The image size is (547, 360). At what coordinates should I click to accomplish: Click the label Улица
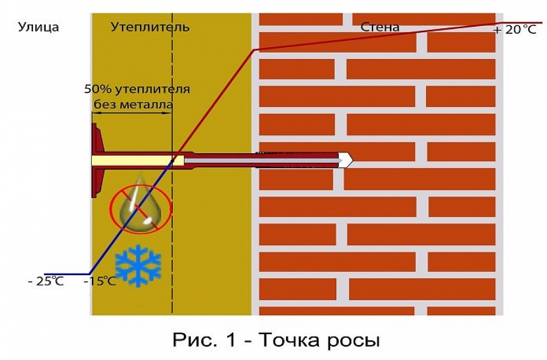click(38, 27)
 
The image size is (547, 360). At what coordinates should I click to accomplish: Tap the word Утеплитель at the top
click(150, 27)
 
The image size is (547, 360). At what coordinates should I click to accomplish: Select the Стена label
click(380, 27)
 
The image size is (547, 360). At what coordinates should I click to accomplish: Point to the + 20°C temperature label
click(515, 30)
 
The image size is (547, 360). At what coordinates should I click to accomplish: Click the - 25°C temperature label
click(46, 281)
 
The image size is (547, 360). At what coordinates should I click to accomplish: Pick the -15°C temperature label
click(100, 281)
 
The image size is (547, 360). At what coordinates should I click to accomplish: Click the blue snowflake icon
click(138, 266)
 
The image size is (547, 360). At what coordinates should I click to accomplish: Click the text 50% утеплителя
click(137, 90)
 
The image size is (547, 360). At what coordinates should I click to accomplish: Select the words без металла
click(133, 105)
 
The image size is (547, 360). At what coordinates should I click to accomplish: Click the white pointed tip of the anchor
click(347, 160)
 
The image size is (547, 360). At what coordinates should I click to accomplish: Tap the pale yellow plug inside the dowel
click(138, 161)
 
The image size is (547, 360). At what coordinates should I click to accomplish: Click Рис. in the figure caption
click(192, 339)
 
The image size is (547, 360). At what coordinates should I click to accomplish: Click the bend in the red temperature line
click(253, 50)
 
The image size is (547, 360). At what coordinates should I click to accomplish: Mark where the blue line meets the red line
click(173, 161)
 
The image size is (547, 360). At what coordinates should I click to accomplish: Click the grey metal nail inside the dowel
click(261, 160)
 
